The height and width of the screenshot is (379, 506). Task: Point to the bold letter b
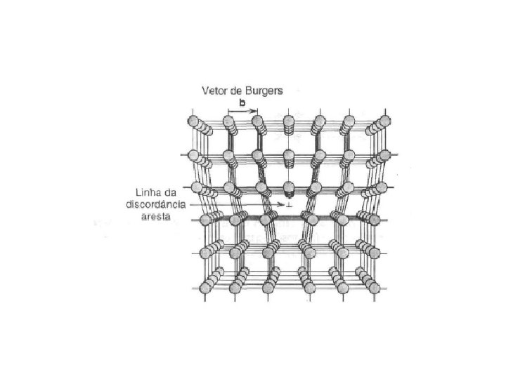242,103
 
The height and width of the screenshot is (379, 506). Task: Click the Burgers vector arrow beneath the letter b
242,111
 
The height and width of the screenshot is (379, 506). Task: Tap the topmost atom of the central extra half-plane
287,124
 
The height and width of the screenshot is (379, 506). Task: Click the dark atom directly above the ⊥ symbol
287,188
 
